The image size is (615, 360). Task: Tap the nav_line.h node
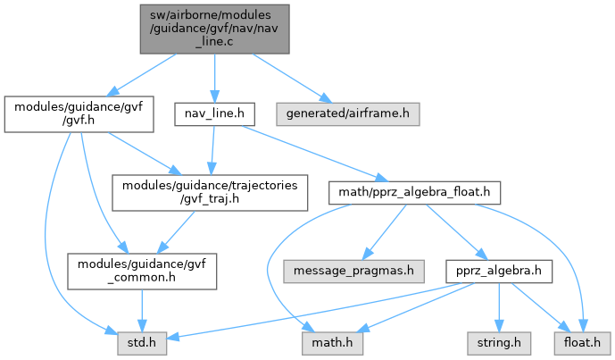point(213,114)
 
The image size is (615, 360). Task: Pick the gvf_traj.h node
point(210,190)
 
